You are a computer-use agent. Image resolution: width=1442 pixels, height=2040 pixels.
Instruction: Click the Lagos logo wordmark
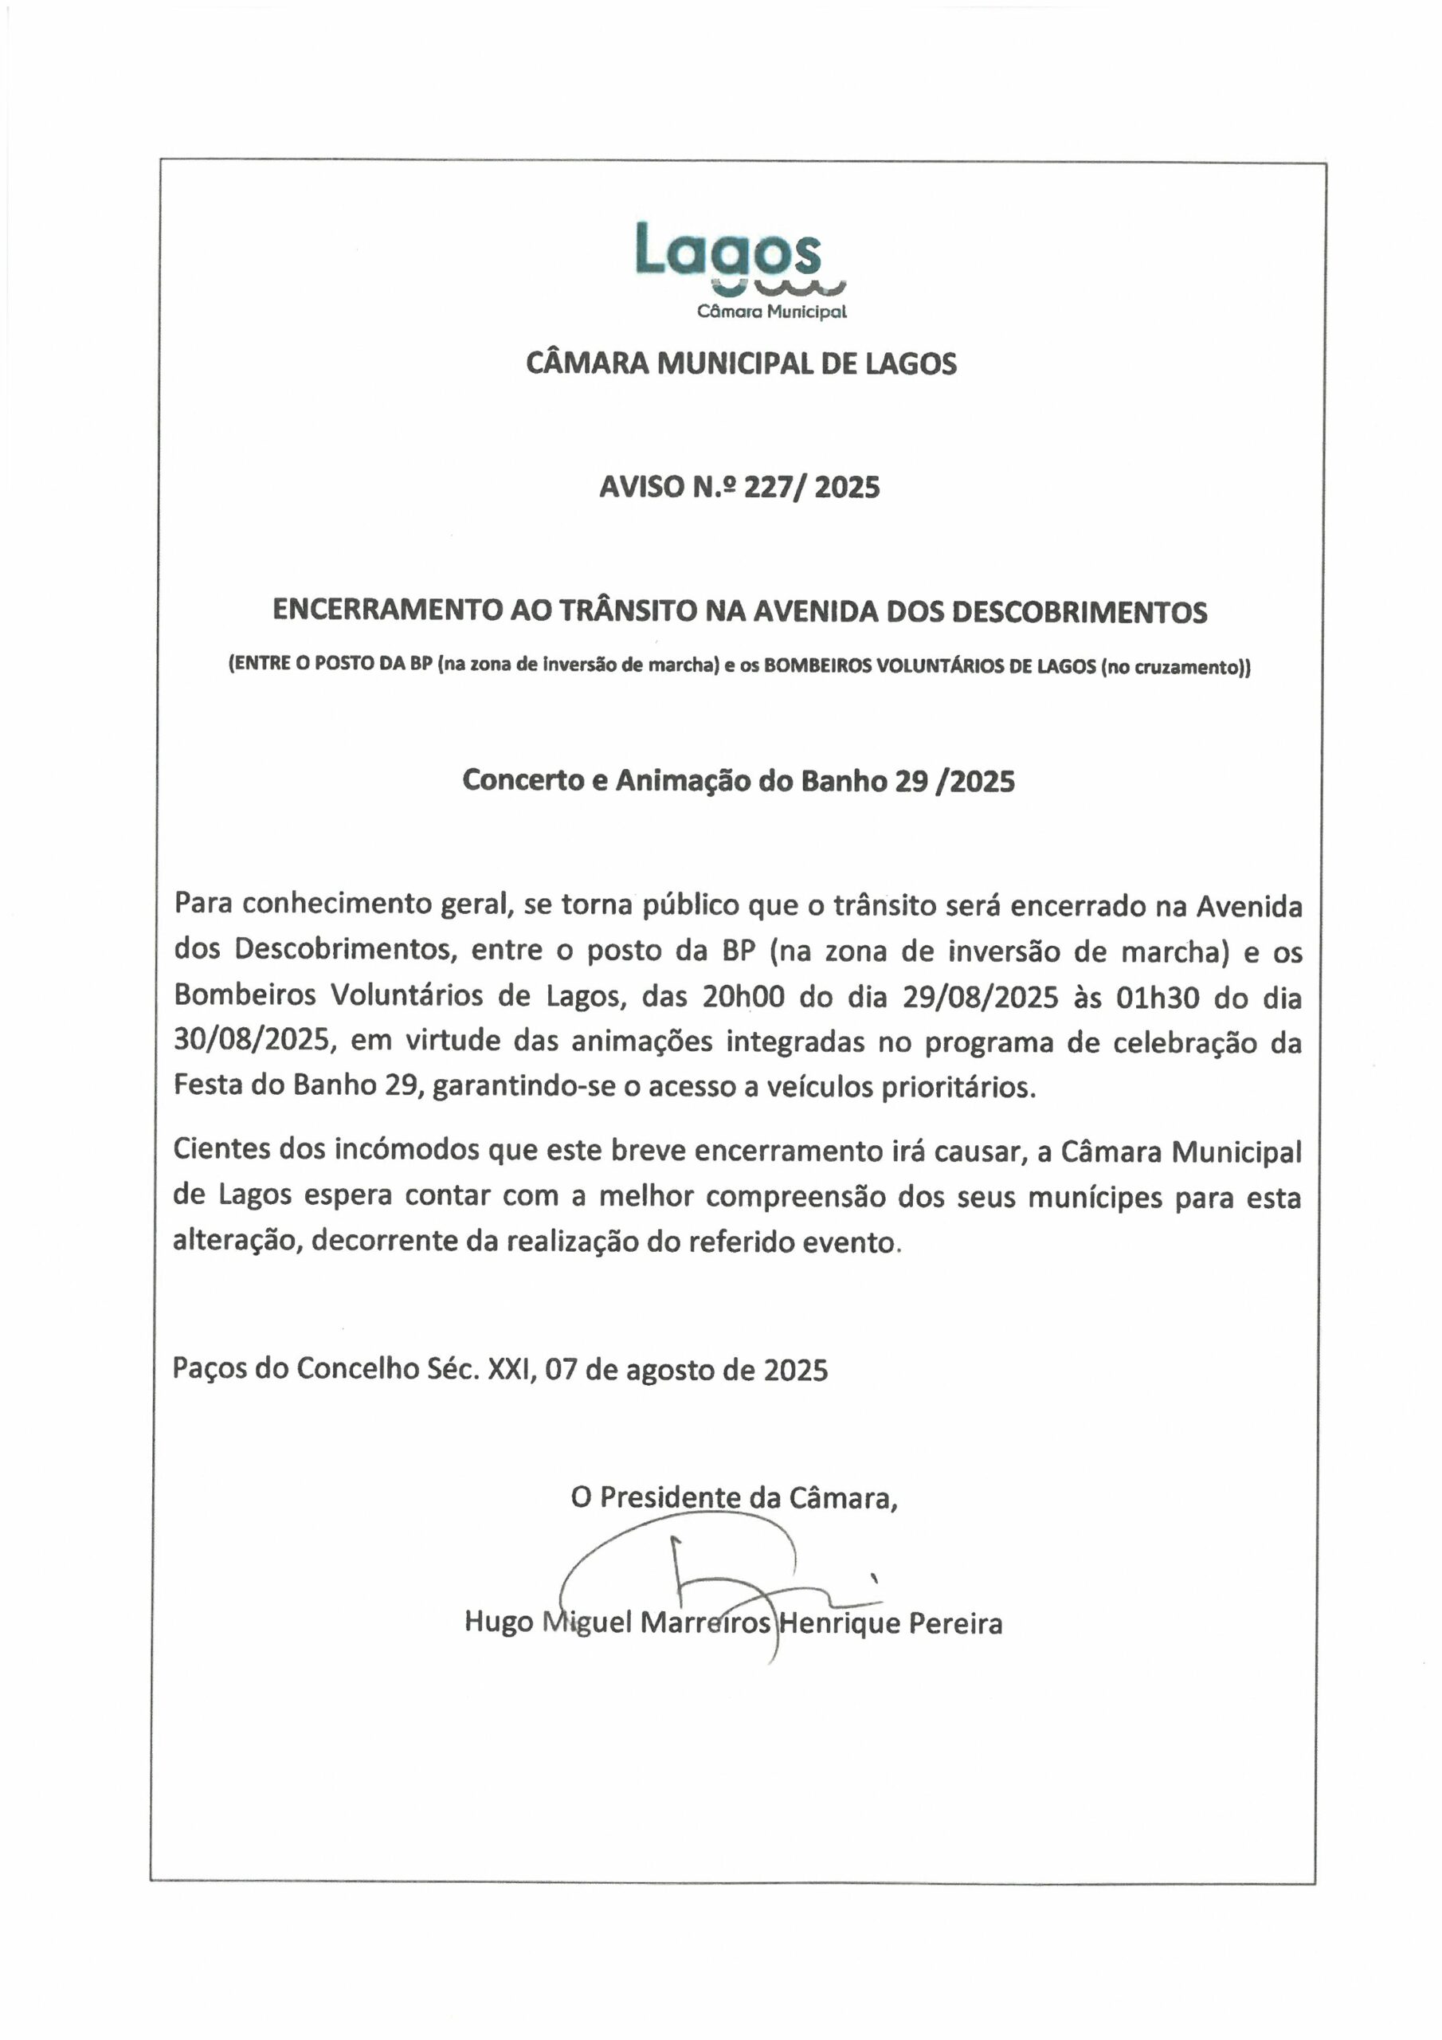click(x=727, y=250)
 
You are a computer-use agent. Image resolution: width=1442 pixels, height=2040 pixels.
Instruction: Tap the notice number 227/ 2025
click(x=811, y=487)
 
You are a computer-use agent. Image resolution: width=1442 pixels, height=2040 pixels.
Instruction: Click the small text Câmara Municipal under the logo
click(x=771, y=312)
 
